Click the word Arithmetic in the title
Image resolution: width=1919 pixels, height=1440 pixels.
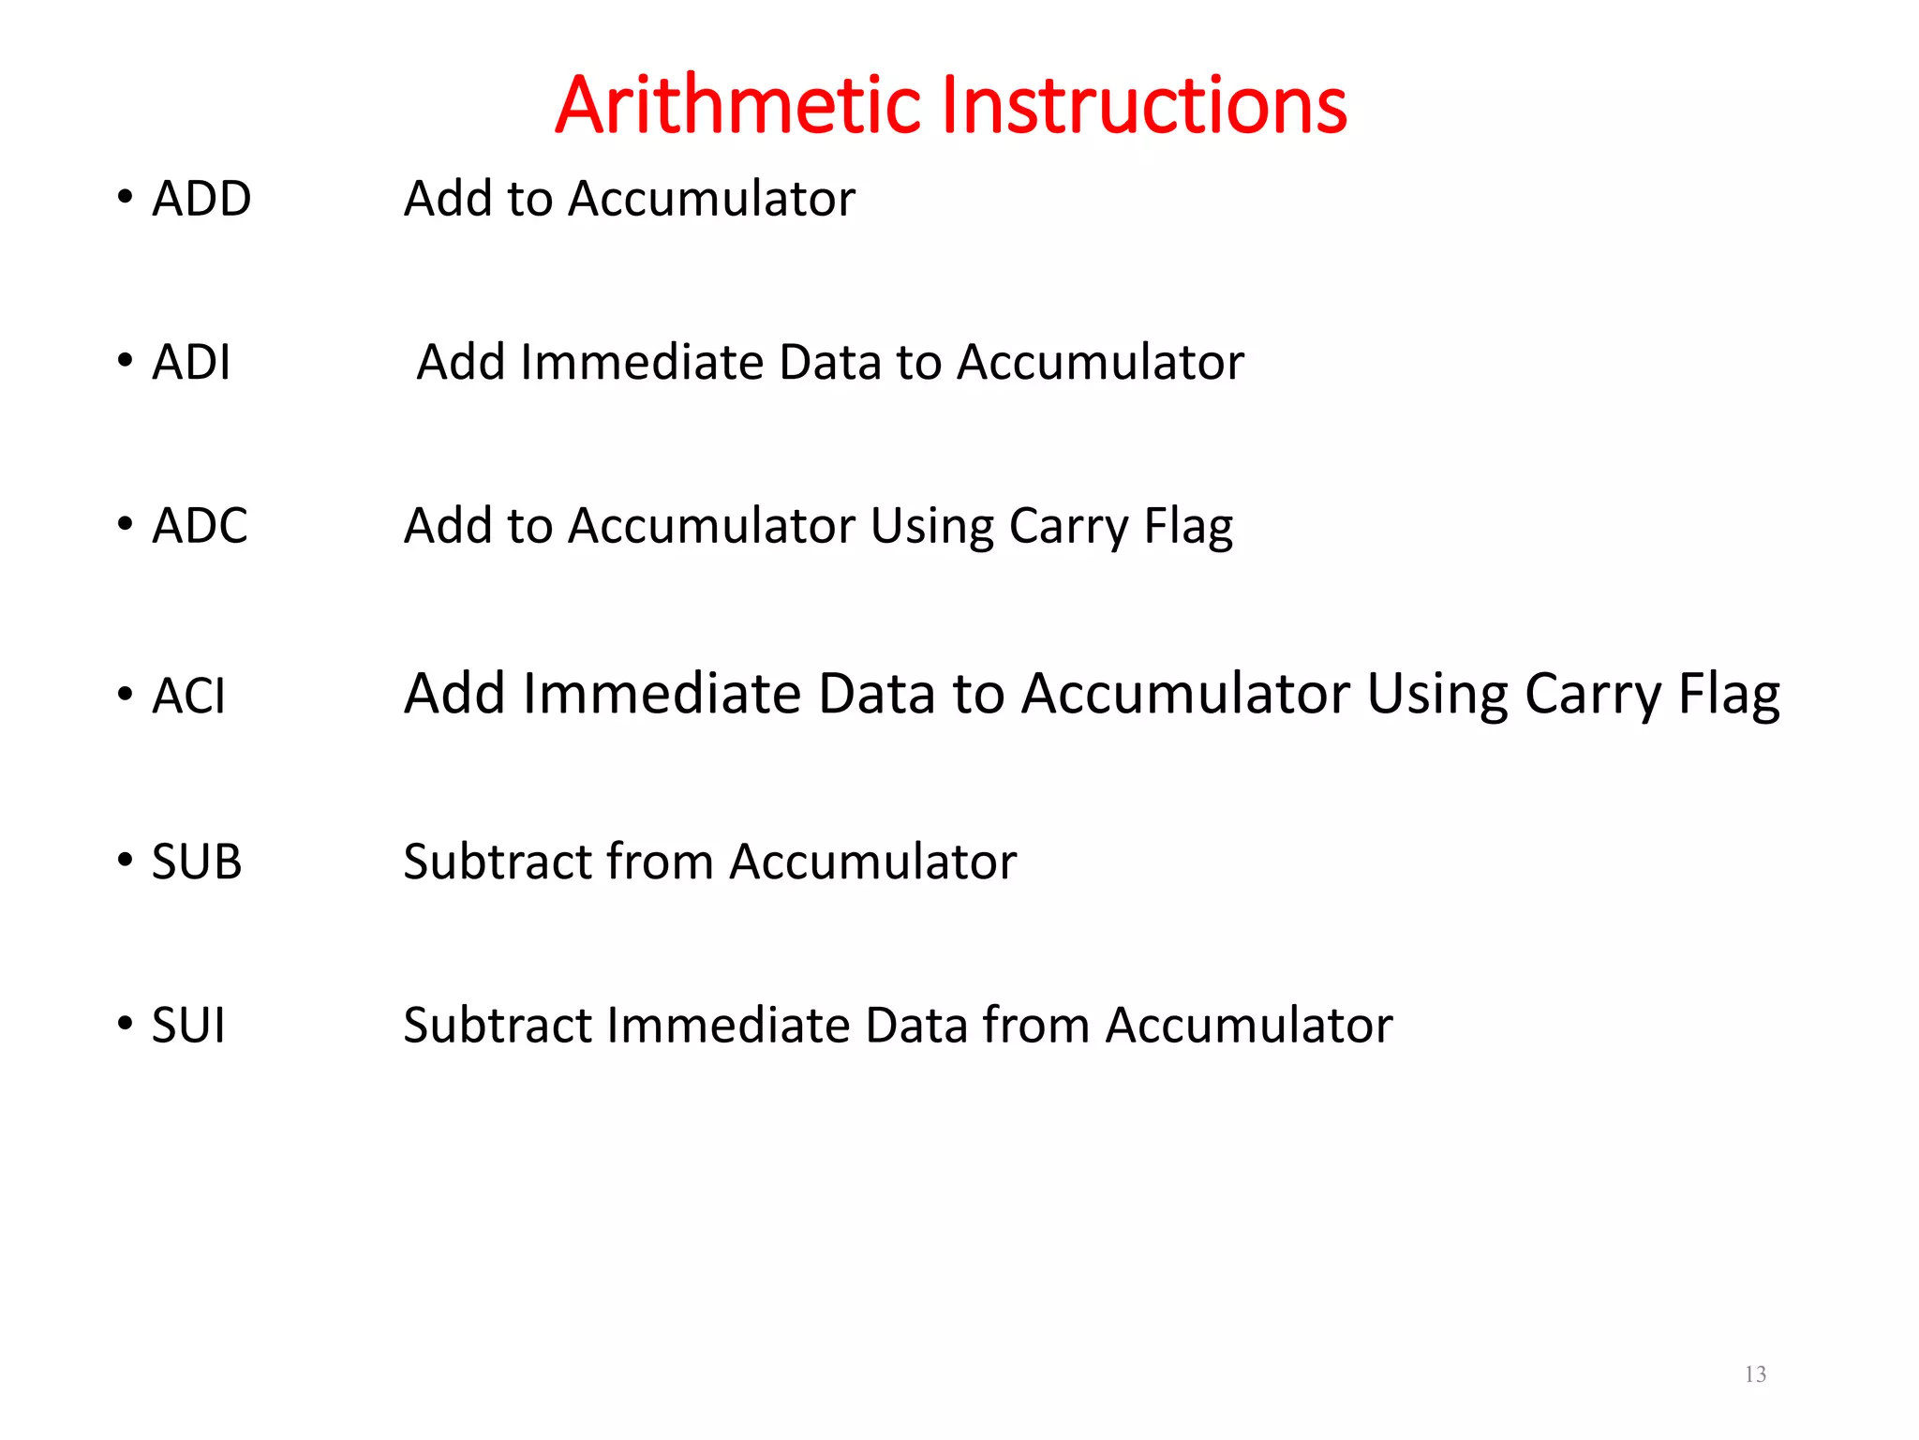(739, 105)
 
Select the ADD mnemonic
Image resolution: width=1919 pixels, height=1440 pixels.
(201, 199)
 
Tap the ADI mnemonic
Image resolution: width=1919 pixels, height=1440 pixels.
(191, 362)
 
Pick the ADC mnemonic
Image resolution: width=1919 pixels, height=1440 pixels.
(200, 525)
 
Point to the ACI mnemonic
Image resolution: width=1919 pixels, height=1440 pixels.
(188, 696)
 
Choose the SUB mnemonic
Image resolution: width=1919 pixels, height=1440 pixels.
(197, 861)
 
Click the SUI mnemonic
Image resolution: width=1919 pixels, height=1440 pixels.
(188, 1025)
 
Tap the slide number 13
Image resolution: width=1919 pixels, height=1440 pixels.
(1755, 1374)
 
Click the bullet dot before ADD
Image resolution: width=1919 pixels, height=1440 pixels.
(125, 197)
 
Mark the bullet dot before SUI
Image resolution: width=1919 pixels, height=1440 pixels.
(125, 1023)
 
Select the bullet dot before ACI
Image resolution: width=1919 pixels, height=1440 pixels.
(125, 694)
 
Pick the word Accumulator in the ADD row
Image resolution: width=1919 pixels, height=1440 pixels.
(711, 199)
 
